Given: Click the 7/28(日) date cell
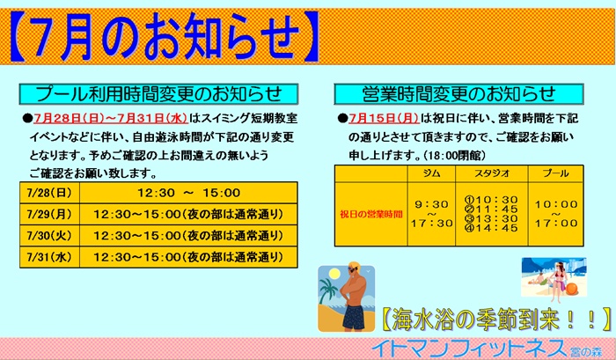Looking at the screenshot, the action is tap(49, 193).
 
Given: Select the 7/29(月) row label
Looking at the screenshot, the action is tap(49, 214).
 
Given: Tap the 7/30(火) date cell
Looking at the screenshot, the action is tap(49, 235).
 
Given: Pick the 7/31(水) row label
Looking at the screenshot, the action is tap(49, 257).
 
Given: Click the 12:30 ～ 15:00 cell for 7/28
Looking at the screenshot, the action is tap(188, 193).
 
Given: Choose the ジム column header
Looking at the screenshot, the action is tap(431, 173).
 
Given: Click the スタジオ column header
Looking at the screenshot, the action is tap(492, 173).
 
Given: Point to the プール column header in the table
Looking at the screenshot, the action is tap(556, 173).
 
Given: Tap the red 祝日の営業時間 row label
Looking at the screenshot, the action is tap(371, 214).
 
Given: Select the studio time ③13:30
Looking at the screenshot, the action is tap(491, 218).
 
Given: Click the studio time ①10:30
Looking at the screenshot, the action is tap(491, 200).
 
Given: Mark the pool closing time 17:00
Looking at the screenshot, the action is tap(556, 224).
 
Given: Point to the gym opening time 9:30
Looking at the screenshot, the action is tap(432, 204).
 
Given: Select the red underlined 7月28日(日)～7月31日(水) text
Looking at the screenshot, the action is tap(111, 118).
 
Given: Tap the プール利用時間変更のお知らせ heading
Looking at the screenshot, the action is tap(158, 94).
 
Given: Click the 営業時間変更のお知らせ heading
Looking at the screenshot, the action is tap(458, 94).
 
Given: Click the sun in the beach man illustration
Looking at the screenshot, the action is tap(334, 274).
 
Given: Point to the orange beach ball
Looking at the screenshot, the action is tap(572, 289).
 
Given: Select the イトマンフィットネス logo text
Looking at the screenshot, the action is tap(469, 349).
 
